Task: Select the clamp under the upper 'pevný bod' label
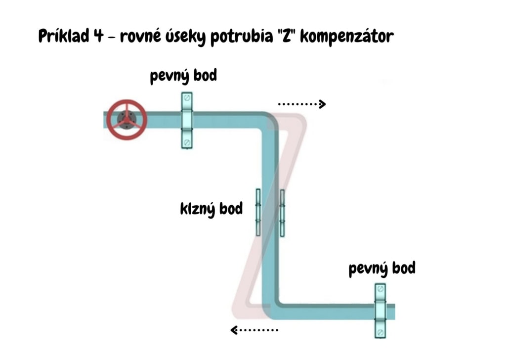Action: (x=186, y=121)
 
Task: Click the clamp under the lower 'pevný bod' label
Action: (x=380, y=311)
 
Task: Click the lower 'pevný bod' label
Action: (x=382, y=269)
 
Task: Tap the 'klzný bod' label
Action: (x=212, y=209)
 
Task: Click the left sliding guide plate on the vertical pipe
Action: (x=257, y=212)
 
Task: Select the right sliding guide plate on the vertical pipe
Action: (x=282, y=213)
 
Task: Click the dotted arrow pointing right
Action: (x=301, y=104)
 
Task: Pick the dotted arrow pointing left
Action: (x=254, y=329)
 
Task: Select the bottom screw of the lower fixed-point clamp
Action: (x=380, y=331)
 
